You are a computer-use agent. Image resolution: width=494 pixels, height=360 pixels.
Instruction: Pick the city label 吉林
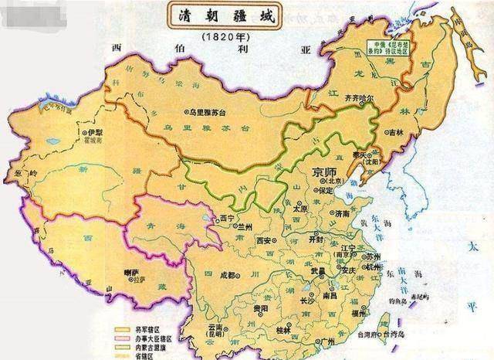click(x=399, y=156)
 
